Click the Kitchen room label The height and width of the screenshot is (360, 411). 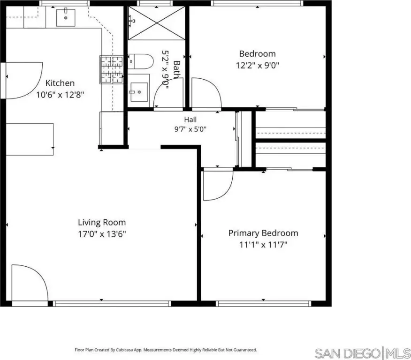coord(60,83)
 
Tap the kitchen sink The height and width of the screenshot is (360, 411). coord(66,18)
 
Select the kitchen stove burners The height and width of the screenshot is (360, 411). coord(111,70)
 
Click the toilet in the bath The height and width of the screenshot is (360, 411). coord(140,61)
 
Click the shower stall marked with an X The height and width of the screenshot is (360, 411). coord(157,23)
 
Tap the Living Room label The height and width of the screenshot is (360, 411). coord(102,222)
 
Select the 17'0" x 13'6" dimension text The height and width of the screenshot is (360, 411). coord(102,234)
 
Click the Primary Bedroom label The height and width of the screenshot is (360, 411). coord(263,233)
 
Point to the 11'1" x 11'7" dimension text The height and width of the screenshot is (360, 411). coord(263,245)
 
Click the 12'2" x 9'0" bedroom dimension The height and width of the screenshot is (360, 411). coord(257,65)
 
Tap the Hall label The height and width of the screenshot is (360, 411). coord(190,120)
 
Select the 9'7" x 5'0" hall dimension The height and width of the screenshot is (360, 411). coord(190,129)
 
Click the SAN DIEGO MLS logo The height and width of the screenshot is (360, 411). coord(363,353)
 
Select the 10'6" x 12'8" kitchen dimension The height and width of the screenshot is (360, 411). coord(60,95)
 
